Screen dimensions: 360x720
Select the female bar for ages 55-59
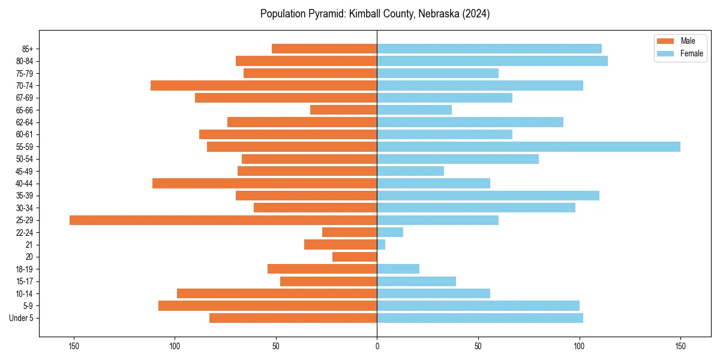pyautogui.click(x=528, y=147)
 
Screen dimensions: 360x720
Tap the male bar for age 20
pyautogui.click(x=355, y=257)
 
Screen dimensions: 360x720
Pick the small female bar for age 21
pyautogui.click(x=381, y=245)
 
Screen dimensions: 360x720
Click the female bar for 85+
pyautogui.click(x=489, y=49)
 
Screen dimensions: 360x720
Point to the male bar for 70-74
pyautogui.click(x=264, y=86)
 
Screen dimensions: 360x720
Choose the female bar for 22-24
pyautogui.click(x=390, y=232)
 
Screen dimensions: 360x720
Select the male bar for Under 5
pyautogui.click(x=293, y=318)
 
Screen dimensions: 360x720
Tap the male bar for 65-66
pyautogui.click(x=343, y=110)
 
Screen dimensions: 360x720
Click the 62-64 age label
pyautogui.click(x=25, y=122)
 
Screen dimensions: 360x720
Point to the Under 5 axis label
pyautogui.click(x=22, y=318)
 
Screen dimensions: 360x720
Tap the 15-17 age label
pyautogui.click(x=25, y=281)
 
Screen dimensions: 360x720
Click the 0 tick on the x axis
pyautogui.click(x=377, y=346)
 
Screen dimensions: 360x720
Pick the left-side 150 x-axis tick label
pyautogui.click(x=74, y=346)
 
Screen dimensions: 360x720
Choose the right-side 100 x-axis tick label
pyautogui.click(x=579, y=346)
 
